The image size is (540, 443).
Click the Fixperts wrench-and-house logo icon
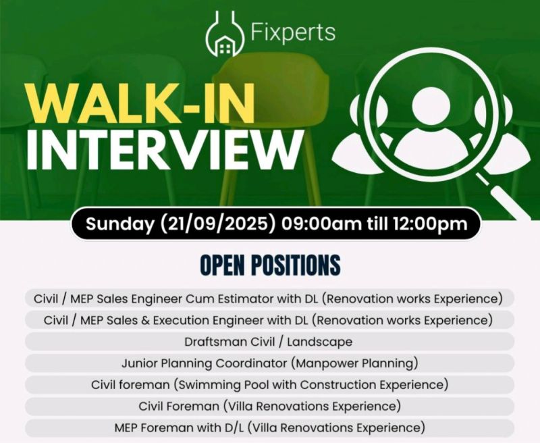tap(225, 34)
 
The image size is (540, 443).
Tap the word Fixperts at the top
tap(293, 32)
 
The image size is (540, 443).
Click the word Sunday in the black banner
tap(120, 224)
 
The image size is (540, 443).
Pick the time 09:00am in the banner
tap(322, 224)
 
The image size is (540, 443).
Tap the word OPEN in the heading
tap(222, 265)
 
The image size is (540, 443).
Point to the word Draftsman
tap(216, 342)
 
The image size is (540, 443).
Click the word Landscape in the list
tap(319, 342)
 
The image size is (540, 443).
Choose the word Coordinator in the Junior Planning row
tap(251, 363)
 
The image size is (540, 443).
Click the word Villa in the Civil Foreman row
tap(238, 406)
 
